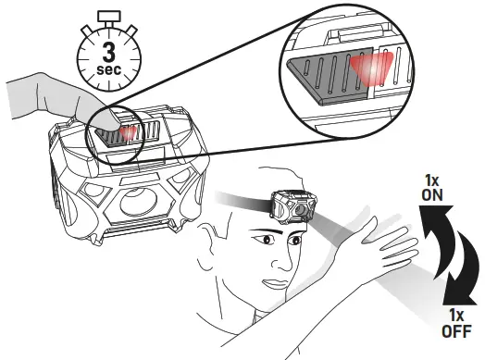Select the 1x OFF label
click(455, 323)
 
